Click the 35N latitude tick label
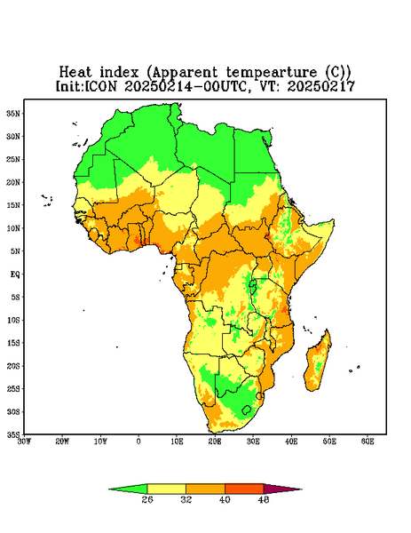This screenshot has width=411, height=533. (x=13, y=113)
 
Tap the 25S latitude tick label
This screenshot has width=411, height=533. (x=13, y=388)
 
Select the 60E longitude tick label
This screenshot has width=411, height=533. (x=368, y=442)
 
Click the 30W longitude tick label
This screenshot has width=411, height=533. (x=24, y=442)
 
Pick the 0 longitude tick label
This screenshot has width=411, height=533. (x=138, y=442)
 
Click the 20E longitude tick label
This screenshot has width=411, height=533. (x=215, y=442)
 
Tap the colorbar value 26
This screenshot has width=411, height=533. (x=147, y=499)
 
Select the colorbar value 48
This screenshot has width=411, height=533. (x=264, y=499)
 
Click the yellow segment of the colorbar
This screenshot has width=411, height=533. (x=166, y=489)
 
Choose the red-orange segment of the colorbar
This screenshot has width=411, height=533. (x=244, y=489)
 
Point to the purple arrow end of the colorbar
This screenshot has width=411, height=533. (x=282, y=489)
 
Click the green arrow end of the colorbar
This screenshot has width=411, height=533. (x=128, y=489)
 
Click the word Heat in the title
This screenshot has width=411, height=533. (x=75, y=72)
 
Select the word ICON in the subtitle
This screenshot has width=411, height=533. (x=100, y=86)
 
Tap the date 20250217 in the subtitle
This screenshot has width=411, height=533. (x=321, y=86)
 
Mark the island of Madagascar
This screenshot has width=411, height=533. (x=318, y=362)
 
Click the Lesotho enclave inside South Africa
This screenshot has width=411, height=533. (x=247, y=410)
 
